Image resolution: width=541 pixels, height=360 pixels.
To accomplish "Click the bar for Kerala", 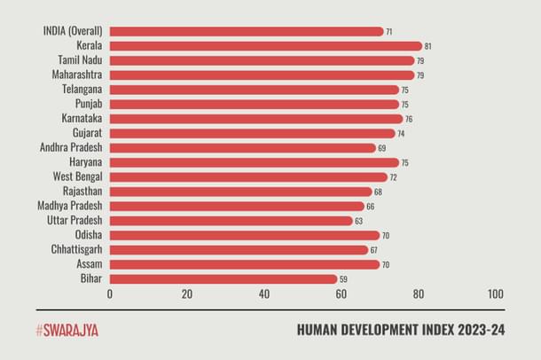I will coord(266,46).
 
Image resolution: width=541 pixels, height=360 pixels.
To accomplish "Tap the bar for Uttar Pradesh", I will coord(231,221).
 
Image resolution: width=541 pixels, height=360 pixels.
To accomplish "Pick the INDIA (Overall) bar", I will coord(247,31).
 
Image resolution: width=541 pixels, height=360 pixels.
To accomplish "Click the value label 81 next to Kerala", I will coord(428,46).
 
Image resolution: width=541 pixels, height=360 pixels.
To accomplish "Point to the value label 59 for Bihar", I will coord(344,279).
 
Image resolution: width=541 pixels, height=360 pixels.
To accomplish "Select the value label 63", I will coord(359,221).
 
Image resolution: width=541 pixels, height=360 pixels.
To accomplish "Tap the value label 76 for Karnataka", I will coord(409,119).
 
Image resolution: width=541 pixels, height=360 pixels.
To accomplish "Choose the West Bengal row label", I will coord(77,176).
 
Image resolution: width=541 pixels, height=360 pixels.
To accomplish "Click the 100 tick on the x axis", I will coord(495,294).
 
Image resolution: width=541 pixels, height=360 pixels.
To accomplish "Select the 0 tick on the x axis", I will coord(110,294).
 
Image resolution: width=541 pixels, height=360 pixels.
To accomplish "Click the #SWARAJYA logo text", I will coord(67,330).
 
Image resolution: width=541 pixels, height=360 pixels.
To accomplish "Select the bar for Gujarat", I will coord(253,133).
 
